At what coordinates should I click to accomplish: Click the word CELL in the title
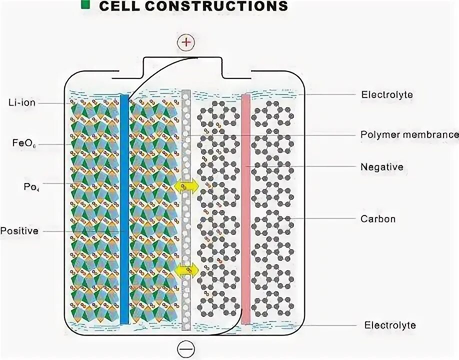(x=119, y=6)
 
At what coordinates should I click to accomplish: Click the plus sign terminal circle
(x=186, y=43)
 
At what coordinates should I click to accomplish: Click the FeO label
(x=23, y=143)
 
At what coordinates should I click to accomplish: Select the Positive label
(x=19, y=231)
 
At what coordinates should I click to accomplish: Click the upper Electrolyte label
(x=386, y=94)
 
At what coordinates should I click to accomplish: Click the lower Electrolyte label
(x=389, y=325)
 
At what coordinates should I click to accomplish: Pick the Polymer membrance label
(x=409, y=134)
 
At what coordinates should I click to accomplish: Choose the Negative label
(x=381, y=166)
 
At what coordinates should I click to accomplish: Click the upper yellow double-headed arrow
(x=186, y=186)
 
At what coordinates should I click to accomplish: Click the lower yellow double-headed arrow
(x=186, y=270)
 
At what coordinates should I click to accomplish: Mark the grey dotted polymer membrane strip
(x=186, y=225)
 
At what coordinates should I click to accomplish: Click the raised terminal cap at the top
(x=197, y=64)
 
